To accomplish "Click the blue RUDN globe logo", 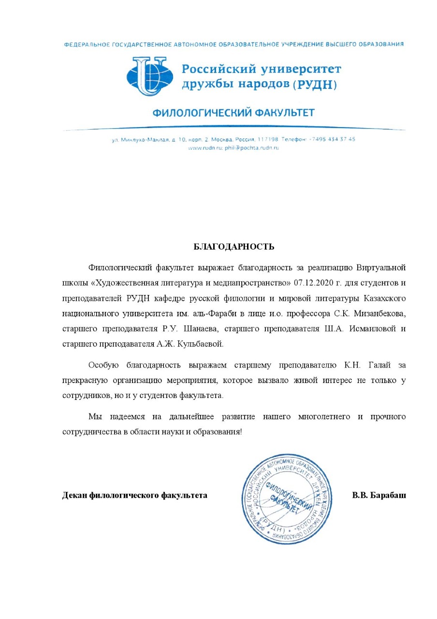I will [x=149, y=76].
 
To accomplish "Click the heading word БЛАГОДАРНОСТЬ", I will [x=234, y=247].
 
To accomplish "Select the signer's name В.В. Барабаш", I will [x=379, y=496].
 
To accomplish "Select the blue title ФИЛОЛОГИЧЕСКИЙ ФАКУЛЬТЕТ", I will [x=233, y=113].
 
